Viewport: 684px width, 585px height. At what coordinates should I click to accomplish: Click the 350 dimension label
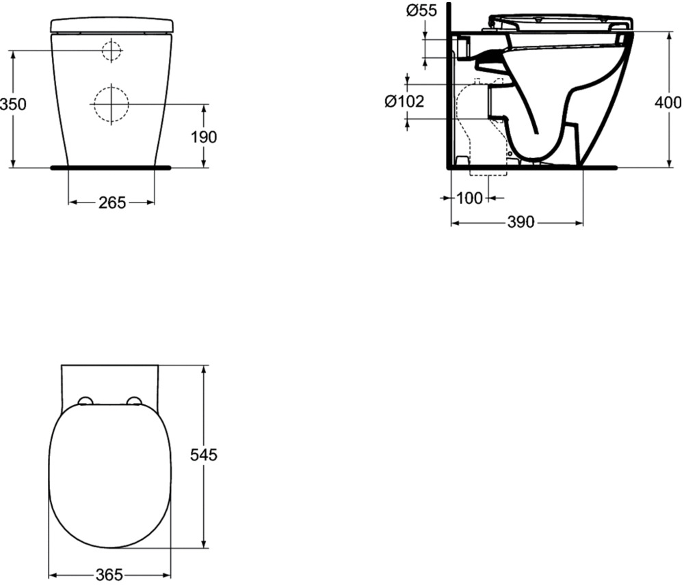tap(13, 105)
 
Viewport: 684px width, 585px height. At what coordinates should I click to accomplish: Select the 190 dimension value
tap(204, 138)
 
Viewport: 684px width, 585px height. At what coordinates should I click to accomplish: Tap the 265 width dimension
tap(112, 203)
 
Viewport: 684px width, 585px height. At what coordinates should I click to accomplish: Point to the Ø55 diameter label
tap(421, 10)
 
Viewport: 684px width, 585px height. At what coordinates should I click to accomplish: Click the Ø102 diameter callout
tap(404, 102)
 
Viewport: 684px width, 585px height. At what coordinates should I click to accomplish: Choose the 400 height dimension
tap(668, 102)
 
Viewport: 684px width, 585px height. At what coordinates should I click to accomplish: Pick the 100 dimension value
tap(469, 198)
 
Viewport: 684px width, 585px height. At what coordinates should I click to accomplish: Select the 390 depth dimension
tap(521, 222)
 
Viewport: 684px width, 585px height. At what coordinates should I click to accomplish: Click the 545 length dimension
tap(204, 455)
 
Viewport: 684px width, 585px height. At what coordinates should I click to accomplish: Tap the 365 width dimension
tap(109, 575)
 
